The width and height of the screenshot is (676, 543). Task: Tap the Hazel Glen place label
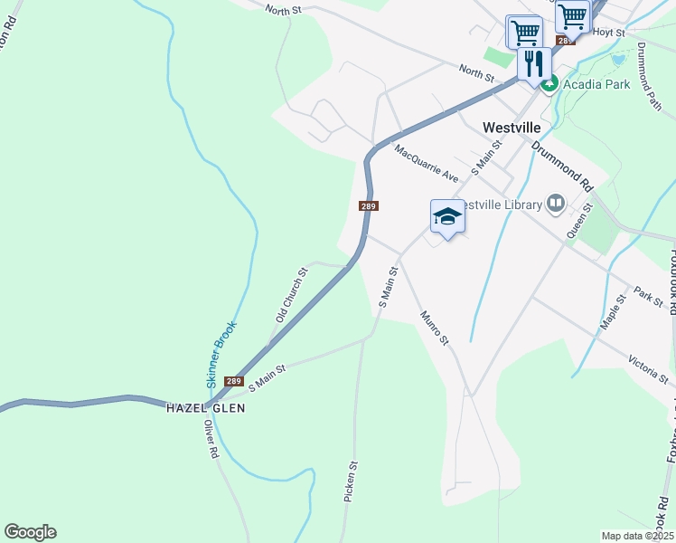[x=205, y=408]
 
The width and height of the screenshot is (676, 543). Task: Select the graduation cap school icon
[x=447, y=216]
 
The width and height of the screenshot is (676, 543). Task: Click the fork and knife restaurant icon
[x=534, y=62]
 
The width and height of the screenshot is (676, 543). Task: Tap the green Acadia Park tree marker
[x=549, y=85]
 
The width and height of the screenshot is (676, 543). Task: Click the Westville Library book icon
[x=556, y=204]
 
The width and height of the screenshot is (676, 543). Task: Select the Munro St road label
[x=435, y=328]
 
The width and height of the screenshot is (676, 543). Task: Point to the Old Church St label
[x=292, y=295]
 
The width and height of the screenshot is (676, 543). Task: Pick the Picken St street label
[x=352, y=481]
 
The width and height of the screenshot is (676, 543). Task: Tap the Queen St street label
[x=577, y=222]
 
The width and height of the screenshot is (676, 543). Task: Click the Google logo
[x=30, y=532]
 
